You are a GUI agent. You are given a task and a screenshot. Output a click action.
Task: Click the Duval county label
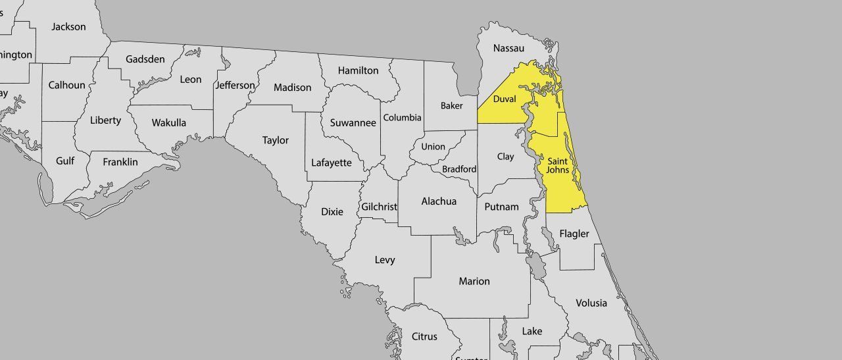coord(505,99)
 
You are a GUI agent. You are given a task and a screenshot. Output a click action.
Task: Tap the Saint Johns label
coord(558,165)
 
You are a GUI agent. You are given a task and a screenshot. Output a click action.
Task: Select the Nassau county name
coord(508,48)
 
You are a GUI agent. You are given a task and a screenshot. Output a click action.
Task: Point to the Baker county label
coord(451,105)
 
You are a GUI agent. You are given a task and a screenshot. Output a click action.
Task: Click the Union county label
coord(433,147)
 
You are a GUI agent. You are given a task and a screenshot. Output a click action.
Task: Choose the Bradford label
coord(459,169)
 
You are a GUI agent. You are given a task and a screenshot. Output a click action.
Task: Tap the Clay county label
coord(505,157)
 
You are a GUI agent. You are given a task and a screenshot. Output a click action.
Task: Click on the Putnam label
coord(501,207)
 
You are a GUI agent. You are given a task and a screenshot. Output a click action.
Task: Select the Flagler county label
coord(574,234)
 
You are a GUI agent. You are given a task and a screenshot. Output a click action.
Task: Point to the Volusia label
coord(591,303)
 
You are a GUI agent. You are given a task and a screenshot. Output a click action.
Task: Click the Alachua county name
coord(439,201)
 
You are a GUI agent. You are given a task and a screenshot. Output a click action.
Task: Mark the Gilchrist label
coord(379,207)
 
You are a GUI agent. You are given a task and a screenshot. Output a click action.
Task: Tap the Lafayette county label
coord(332,163)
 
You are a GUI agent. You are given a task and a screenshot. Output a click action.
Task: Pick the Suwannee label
coord(353,123)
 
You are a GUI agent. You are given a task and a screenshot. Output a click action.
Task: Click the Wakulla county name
coord(168,122)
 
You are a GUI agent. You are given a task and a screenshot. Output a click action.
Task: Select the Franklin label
coord(120,161)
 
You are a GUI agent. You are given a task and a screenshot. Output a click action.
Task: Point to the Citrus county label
coord(424,336)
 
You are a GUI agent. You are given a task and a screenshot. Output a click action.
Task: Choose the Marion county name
coord(474,281)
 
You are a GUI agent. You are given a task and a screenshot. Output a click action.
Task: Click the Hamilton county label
coord(358,70)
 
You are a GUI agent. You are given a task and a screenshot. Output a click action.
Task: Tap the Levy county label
coord(385,260)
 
